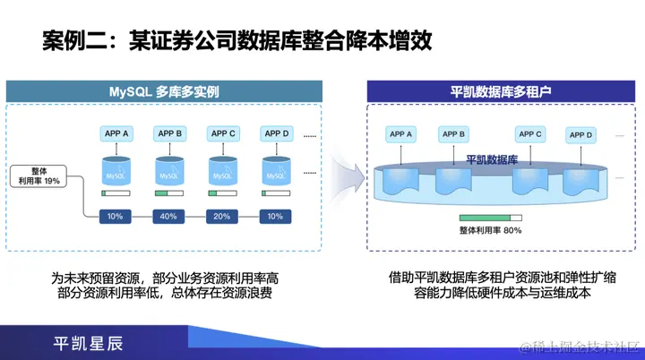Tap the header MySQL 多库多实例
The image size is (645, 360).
[164, 91]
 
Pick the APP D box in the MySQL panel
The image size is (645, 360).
[275, 133]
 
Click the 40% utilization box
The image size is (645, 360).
[168, 216]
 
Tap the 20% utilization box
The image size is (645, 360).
[222, 216]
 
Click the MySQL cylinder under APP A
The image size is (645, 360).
[116, 171]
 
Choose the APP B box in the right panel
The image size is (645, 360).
[451, 134]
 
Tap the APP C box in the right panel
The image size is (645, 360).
[529, 134]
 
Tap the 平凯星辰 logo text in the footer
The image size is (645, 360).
[88, 342]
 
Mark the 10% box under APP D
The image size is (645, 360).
[275, 216]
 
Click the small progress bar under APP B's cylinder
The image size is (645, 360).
[168, 193]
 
